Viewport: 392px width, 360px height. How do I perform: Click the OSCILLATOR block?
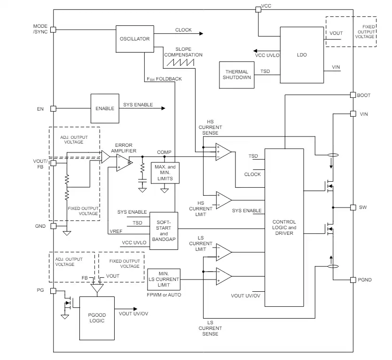135,39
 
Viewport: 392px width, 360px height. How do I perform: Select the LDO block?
302,55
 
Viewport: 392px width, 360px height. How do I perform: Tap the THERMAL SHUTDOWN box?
237,75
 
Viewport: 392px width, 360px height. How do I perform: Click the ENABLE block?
105,108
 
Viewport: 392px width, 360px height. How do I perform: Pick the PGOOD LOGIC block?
97,318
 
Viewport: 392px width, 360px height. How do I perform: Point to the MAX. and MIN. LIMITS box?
165,173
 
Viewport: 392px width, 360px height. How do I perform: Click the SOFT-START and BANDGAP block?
164,231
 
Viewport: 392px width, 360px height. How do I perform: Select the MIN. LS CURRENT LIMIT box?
164,280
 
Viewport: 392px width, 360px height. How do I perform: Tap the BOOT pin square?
353,95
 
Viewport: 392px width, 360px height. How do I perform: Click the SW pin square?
353,207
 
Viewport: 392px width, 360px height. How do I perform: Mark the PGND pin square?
353,280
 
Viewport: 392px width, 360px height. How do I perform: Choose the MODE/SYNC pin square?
53,30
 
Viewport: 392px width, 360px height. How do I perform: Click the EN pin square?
53,109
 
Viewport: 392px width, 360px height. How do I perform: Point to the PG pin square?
53,291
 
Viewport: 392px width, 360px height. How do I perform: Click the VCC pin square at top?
258,9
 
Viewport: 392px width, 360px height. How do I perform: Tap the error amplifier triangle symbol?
123,163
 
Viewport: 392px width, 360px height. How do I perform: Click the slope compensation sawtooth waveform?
180,62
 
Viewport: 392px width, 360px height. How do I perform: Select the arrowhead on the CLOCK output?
201,33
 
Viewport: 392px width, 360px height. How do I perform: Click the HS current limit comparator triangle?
224,200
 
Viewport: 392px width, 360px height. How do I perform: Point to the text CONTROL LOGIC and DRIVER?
284,227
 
